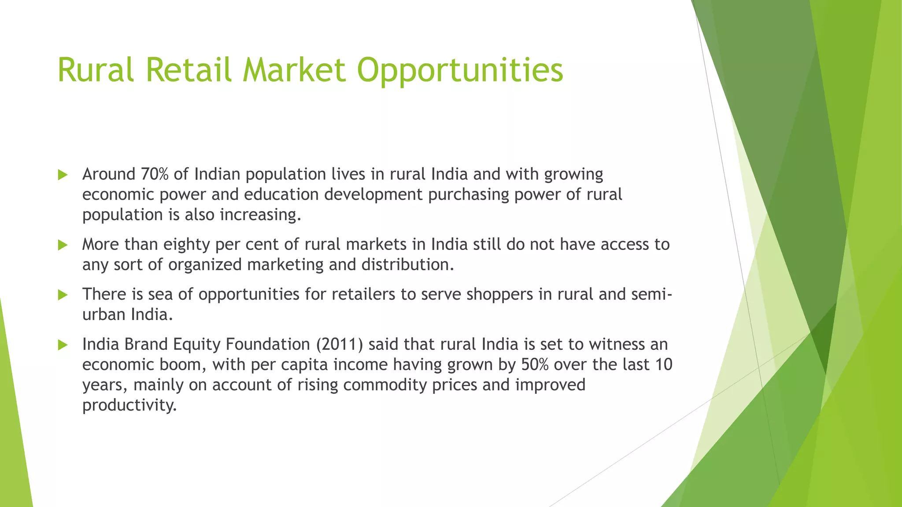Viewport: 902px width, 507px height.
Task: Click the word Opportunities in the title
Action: tap(460, 70)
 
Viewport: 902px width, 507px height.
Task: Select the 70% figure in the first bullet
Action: tap(155, 174)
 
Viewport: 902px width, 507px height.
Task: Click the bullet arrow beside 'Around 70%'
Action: tap(63, 175)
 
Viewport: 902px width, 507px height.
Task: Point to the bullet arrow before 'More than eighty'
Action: tap(63, 245)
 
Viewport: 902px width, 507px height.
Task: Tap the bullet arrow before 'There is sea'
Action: tap(63, 294)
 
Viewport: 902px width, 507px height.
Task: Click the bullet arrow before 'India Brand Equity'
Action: tap(63, 345)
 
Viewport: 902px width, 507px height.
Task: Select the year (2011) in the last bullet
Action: tap(340, 344)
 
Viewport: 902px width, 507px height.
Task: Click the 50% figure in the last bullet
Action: tap(535, 364)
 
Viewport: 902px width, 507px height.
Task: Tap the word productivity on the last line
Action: tap(129, 405)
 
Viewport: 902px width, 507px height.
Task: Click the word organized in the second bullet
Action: tap(205, 265)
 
